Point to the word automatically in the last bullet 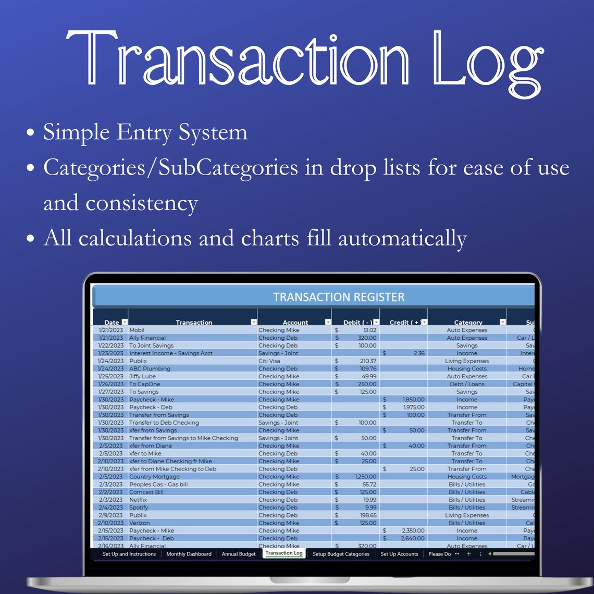click(x=402, y=238)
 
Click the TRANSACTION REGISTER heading click(x=339, y=297)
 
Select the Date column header click(x=112, y=323)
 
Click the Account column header click(x=295, y=323)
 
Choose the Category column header click(x=468, y=323)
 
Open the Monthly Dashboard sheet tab click(x=189, y=554)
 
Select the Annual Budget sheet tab click(x=239, y=554)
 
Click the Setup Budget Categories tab click(x=341, y=554)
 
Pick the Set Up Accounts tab click(x=399, y=554)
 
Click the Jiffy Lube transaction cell click(x=143, y=376)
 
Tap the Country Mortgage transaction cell click(x=154, y=476)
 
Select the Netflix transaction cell click(x=138, y=500)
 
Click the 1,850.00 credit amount click(x=413, y=400)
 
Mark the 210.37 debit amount click(x=368, y=361)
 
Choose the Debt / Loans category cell click(x=467, y=384)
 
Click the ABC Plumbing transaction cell click(x=150, y=368)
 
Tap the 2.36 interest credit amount click(x=419, y=353)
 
